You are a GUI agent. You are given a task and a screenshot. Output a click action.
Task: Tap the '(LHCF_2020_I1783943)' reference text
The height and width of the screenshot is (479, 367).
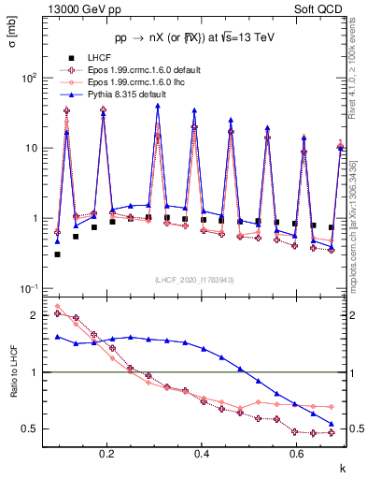[x=193, y=279]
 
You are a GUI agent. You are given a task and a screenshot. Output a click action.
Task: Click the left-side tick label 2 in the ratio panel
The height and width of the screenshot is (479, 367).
[x=37, y=315]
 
